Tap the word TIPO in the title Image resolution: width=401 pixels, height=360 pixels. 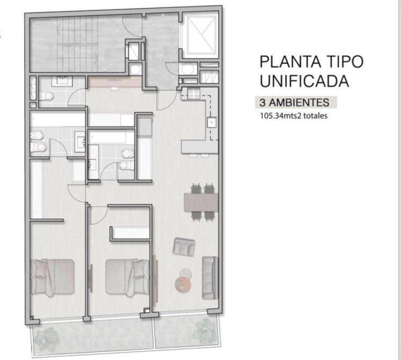344,62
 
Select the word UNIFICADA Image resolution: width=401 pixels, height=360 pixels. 304,81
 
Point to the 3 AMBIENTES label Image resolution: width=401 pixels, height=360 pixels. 294,103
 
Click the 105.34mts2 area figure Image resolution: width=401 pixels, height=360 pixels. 280,116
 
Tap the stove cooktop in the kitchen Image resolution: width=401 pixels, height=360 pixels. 193,93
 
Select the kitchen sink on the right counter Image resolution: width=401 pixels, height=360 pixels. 212,123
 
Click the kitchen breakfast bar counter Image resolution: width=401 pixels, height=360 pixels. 200,147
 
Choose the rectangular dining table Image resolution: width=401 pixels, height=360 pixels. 201,202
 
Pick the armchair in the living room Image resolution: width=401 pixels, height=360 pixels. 184,247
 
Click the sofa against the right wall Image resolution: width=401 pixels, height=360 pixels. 210,278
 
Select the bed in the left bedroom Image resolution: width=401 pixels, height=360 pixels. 53,277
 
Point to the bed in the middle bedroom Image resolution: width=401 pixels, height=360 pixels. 127,277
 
